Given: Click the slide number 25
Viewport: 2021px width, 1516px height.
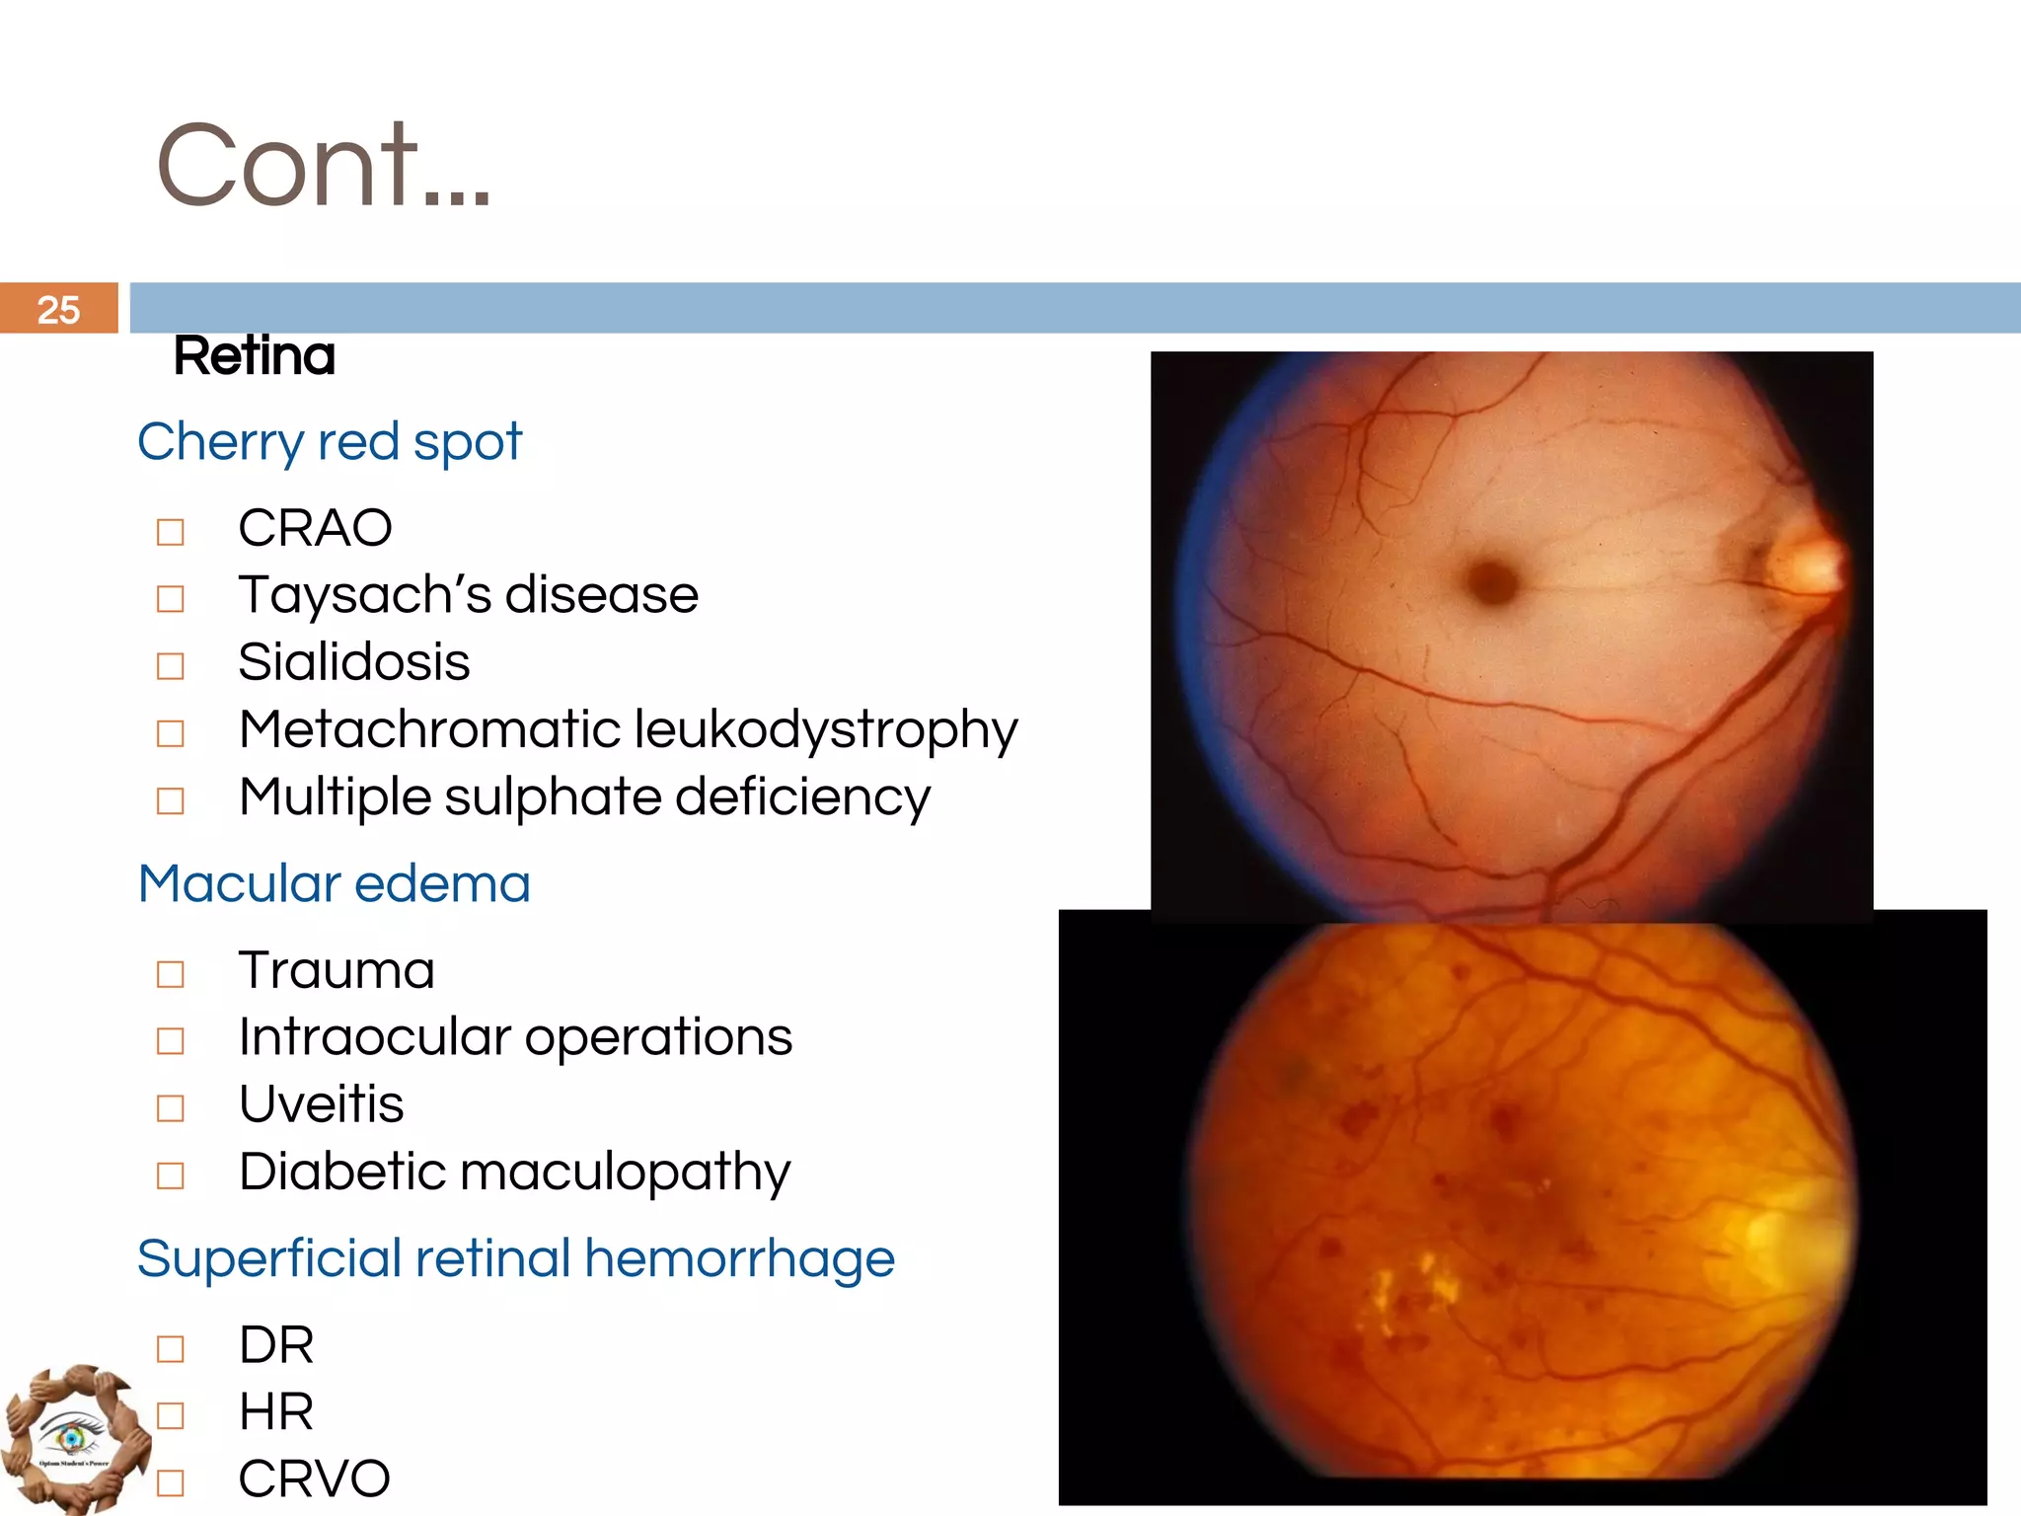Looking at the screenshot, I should point(58,310).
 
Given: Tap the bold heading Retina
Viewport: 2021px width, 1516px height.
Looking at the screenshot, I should point(255,356).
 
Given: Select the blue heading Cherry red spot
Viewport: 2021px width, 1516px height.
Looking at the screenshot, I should point(329,441).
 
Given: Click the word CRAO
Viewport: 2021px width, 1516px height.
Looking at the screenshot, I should point(315,528).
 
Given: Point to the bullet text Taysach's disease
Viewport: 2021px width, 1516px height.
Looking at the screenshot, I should point(468,595).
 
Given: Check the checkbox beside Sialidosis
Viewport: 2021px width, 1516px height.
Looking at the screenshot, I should point(171,666).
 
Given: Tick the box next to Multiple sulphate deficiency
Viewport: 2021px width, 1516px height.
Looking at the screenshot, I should point(171,800).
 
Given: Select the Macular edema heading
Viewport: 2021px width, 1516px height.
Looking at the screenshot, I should point(334,883).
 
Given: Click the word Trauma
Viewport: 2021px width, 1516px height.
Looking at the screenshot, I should point(337,970).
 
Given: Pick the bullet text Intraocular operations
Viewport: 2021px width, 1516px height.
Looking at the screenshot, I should point(515,1037).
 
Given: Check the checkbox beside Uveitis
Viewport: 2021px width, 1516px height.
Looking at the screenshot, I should point(171,1108).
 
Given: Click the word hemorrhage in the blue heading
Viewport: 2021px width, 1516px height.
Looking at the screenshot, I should point(739,1258).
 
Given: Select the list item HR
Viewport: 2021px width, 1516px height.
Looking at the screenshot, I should point(276,1411).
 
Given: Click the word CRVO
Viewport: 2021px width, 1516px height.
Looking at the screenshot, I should point(314,1478).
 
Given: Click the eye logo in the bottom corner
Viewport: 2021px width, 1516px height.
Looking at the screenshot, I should point(72,1438).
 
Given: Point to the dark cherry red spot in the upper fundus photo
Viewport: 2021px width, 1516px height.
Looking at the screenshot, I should point(1493,580).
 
